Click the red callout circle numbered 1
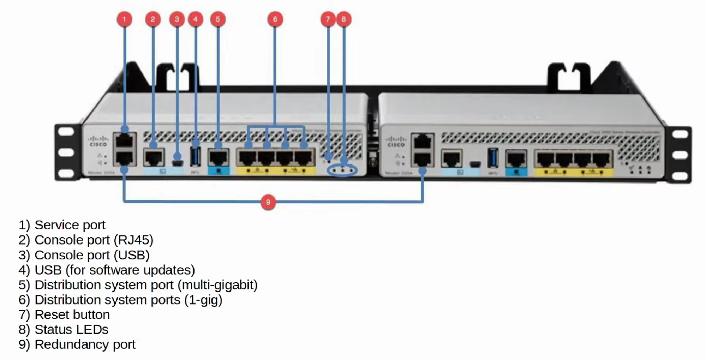click(124, 19)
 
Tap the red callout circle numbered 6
click(275, 19)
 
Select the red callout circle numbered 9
click(268, 202)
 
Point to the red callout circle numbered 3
click(177, 19)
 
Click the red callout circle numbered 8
click(343, 19)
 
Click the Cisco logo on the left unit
click(98, 141)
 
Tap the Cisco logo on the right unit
click(396, 141)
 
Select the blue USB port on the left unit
click(195, 157)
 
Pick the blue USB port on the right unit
click(493, 158)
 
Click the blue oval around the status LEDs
click(342, 170)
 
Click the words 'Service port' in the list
click(70, 225)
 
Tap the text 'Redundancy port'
click(85, 344)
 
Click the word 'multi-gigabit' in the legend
click(217, 285)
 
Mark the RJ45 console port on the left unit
click(154, 157)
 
